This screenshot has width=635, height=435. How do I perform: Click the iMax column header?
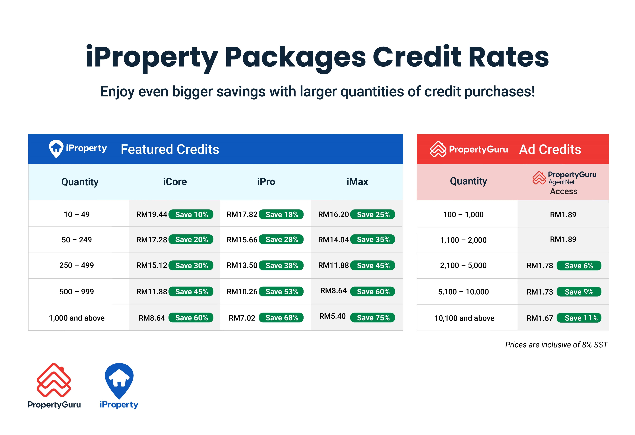pyautogui.click(x=357, y=182)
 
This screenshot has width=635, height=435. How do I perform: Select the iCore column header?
pyautogui.click(x=175, y=182)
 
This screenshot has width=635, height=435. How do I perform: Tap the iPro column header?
pyautogui.click(x=266, y=182)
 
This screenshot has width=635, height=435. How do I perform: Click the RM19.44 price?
pyautogui.click(x=152, y=214)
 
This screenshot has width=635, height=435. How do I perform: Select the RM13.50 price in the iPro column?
pyautogui.click(x=242, y=265)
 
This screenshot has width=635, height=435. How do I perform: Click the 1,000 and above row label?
pyautogui.click(x=77, y=318)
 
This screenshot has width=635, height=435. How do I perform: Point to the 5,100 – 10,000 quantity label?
pyautogui.click(x=463, y=292)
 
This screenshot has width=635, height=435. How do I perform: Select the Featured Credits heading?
pyautogui.click(x=170, y=149)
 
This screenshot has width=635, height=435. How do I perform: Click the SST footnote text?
pyautogui.click(x=556, y=345)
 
